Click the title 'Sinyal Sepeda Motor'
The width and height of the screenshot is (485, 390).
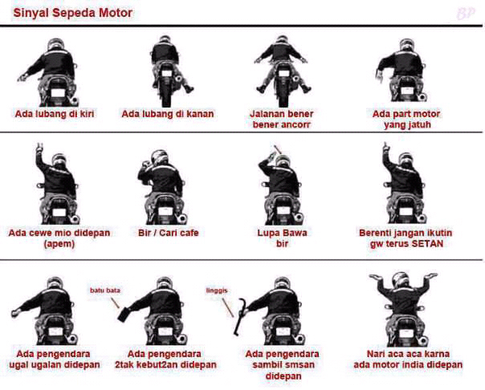[73, 13]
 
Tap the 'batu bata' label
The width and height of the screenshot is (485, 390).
[105, 290]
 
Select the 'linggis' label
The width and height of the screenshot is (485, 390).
[217, 290]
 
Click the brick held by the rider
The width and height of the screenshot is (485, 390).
[124, 315]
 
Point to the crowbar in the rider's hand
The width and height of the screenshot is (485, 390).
[238, 317]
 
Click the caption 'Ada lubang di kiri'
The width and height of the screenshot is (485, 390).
[55, 114]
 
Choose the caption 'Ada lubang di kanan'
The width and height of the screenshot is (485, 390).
[168, 114]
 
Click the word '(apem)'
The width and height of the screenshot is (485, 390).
[59, 244]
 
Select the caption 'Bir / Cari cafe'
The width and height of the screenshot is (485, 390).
[169, 233]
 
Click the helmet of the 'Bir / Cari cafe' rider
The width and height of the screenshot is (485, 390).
[160, 157]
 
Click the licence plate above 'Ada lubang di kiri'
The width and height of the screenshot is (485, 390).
[57, 93]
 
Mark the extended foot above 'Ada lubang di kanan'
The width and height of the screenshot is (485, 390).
[188, 89]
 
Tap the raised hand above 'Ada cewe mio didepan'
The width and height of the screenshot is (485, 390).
[39, 148]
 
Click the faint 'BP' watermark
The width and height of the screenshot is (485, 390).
[465, 14]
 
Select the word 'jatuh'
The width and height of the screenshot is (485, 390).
[419, 125]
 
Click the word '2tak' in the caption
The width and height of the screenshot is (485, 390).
[124, 364]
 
